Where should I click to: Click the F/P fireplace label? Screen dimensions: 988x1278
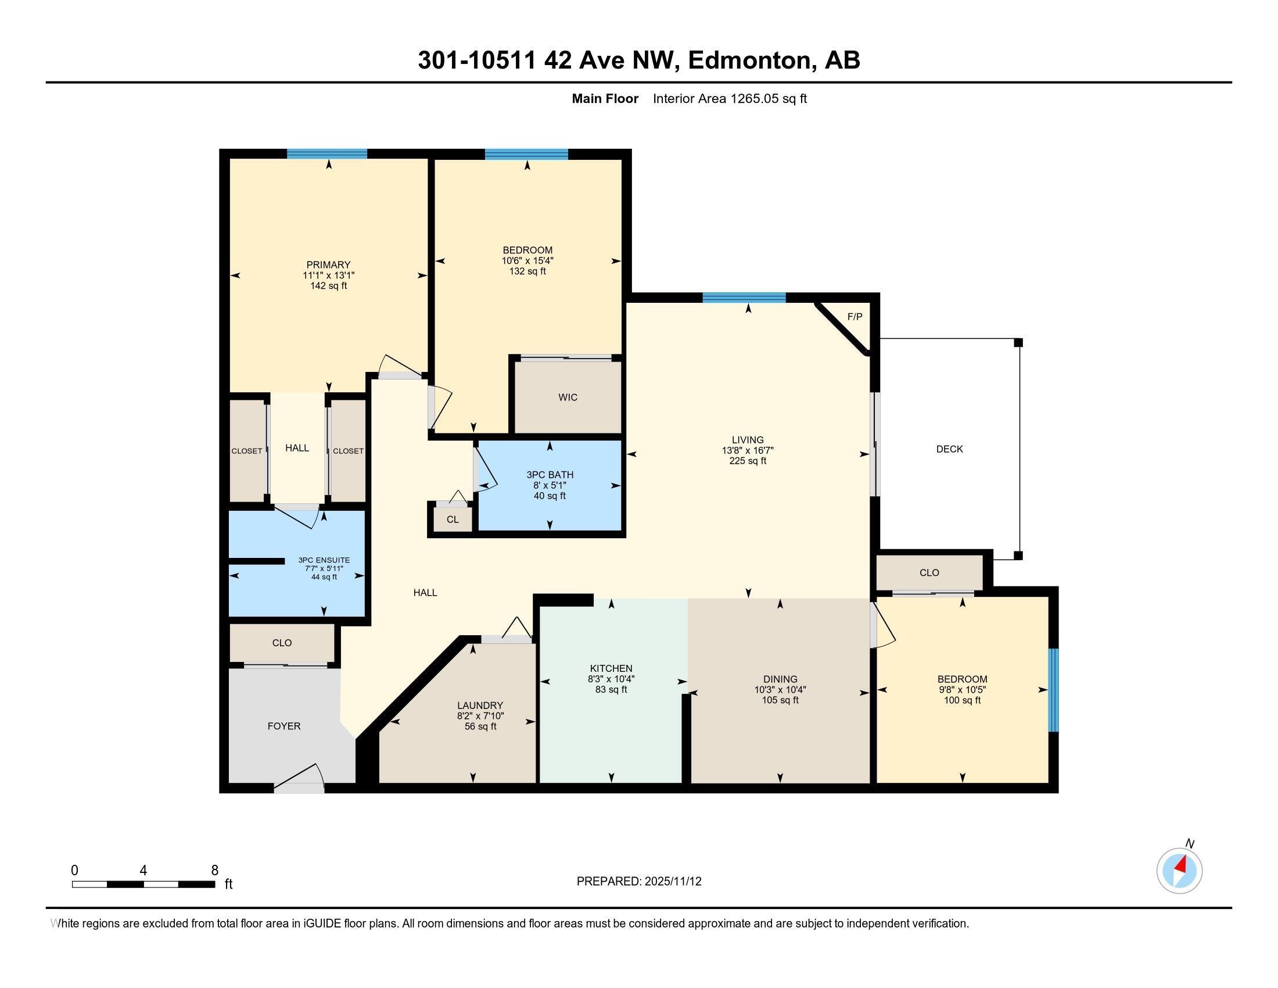pos(855,317)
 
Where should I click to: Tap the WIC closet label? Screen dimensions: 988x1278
pos(568,398)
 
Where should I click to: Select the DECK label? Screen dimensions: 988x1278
pos(949,449)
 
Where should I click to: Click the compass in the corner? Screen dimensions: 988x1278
pos(1179,871)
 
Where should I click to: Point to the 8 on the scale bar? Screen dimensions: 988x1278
pos(215,870)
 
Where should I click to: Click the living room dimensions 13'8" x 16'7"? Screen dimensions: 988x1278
pos(747,450)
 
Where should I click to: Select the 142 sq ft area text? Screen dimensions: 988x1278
pos(328,285)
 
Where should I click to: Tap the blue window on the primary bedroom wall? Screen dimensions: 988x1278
pos(326,154)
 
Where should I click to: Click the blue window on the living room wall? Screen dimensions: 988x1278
pos(744,298)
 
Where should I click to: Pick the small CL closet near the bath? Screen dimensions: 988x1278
pos(453,519)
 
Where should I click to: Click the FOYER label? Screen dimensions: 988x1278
pos(284,726)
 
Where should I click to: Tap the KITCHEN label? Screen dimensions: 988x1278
pos(611,668)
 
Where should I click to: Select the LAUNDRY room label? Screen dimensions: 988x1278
pos(480,706)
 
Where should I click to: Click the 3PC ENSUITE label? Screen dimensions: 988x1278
pos(324,560)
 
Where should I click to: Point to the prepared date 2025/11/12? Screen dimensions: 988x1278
pos(672,881)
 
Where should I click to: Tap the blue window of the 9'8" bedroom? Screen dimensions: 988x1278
pos(1053,689)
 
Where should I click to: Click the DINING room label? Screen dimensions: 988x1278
pos(780,679)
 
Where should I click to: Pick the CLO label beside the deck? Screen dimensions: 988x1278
pos(929,572)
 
